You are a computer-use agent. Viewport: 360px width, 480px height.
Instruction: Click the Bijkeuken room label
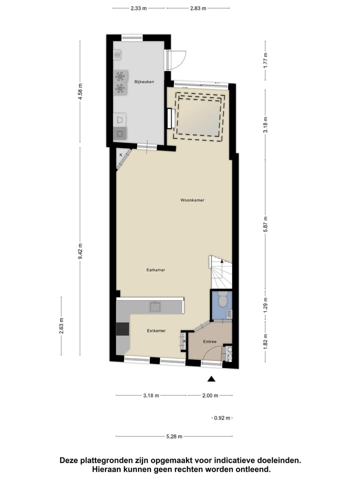[144, 81]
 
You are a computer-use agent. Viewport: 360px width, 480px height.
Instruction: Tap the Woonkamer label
[192, 200]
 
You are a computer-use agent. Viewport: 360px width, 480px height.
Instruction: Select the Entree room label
[209, 342]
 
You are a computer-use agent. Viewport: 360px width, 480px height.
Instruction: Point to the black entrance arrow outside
[211, 379]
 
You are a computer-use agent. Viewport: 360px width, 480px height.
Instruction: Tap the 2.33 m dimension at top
[138, 8]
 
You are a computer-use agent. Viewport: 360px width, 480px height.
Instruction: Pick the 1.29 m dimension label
[266, 304]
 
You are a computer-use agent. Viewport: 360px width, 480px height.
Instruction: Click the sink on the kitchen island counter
[155, 306]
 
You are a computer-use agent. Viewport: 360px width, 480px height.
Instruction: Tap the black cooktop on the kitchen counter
[122, 329]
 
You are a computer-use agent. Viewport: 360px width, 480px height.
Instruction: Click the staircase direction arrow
[222, 261]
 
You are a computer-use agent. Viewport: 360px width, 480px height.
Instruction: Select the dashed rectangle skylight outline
[198, 116]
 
